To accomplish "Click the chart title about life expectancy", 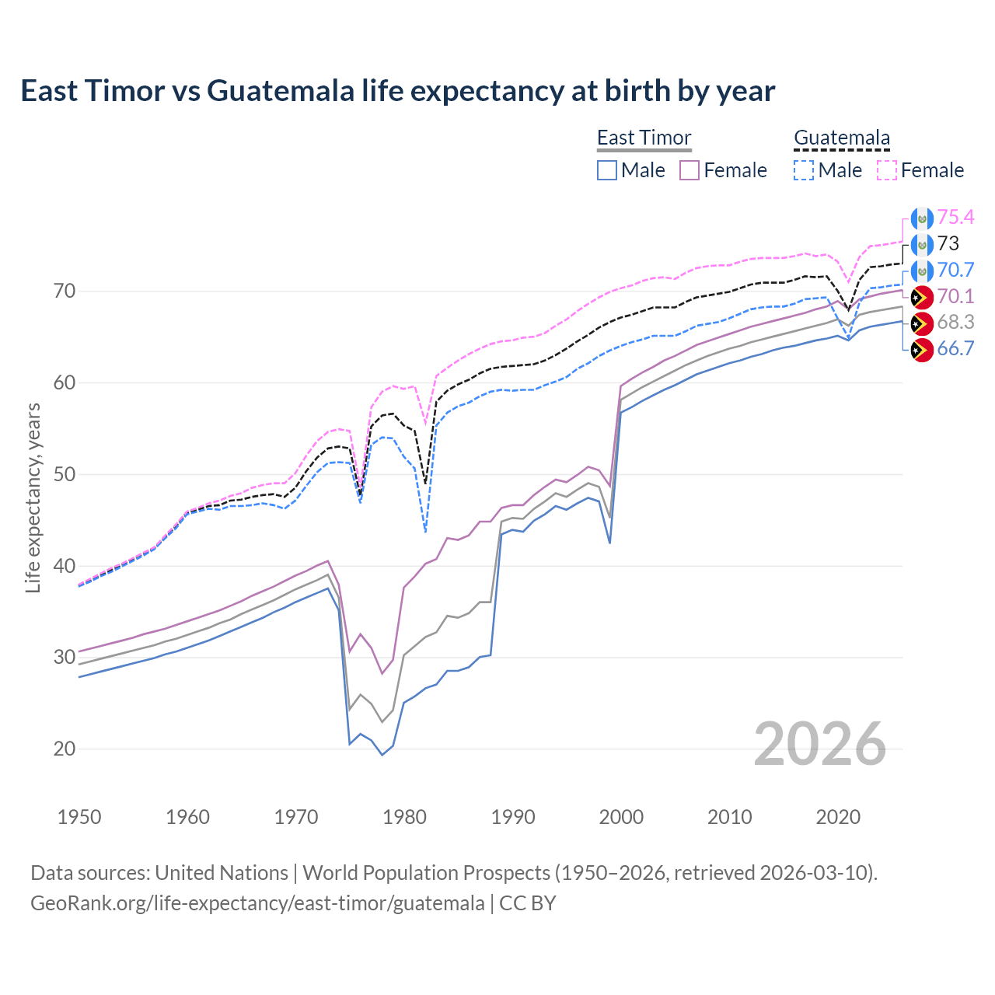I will coord(397,91).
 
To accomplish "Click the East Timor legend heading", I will coord(644,138).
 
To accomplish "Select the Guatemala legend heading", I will coord(841,138).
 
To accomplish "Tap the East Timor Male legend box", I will coord(607,170).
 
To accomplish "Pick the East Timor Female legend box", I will coord(690,170).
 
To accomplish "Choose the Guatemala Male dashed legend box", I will coord(804,170).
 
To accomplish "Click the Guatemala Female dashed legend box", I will coord(887,170).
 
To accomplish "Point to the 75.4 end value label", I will coord(955,218).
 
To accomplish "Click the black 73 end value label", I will coord(948,244).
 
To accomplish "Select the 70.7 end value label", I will coord(955,271).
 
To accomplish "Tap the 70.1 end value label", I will coord(955,297).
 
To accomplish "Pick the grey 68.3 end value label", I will coord(955,323).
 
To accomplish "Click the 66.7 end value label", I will coord(955,349).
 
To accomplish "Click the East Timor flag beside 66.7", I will coord(921,350).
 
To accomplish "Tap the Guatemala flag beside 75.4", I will coord(921,218).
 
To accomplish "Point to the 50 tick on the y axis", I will coord(65,474).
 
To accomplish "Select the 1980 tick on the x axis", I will coord(404,817).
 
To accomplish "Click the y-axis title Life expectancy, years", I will coord(33,497).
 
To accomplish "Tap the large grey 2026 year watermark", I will coord(820,744).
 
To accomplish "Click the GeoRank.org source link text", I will coord(257,903).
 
